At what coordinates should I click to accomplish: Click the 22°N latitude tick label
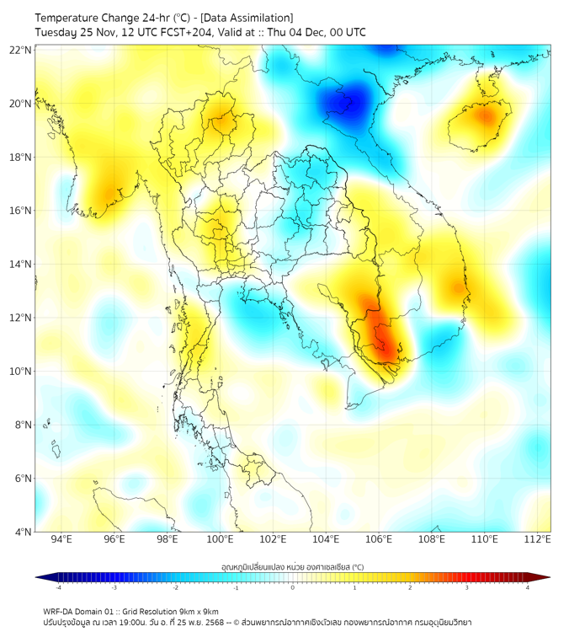[x=21, y=50]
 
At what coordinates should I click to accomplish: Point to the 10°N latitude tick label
[x=21, y=372]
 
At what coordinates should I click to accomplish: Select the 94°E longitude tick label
[x=61, y=539]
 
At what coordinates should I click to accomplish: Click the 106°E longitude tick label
[x=379, y=539]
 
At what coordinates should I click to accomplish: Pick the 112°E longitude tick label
[x=537, y=539]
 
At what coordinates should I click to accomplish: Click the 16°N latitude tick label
[x=21, y=211]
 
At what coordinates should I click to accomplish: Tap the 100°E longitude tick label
[x=220, y=539]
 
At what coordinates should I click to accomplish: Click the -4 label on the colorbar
[x=58, y=587]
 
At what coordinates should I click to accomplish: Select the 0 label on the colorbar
[x=293, y=587]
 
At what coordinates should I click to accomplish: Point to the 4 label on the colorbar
[x=528, y=587]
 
